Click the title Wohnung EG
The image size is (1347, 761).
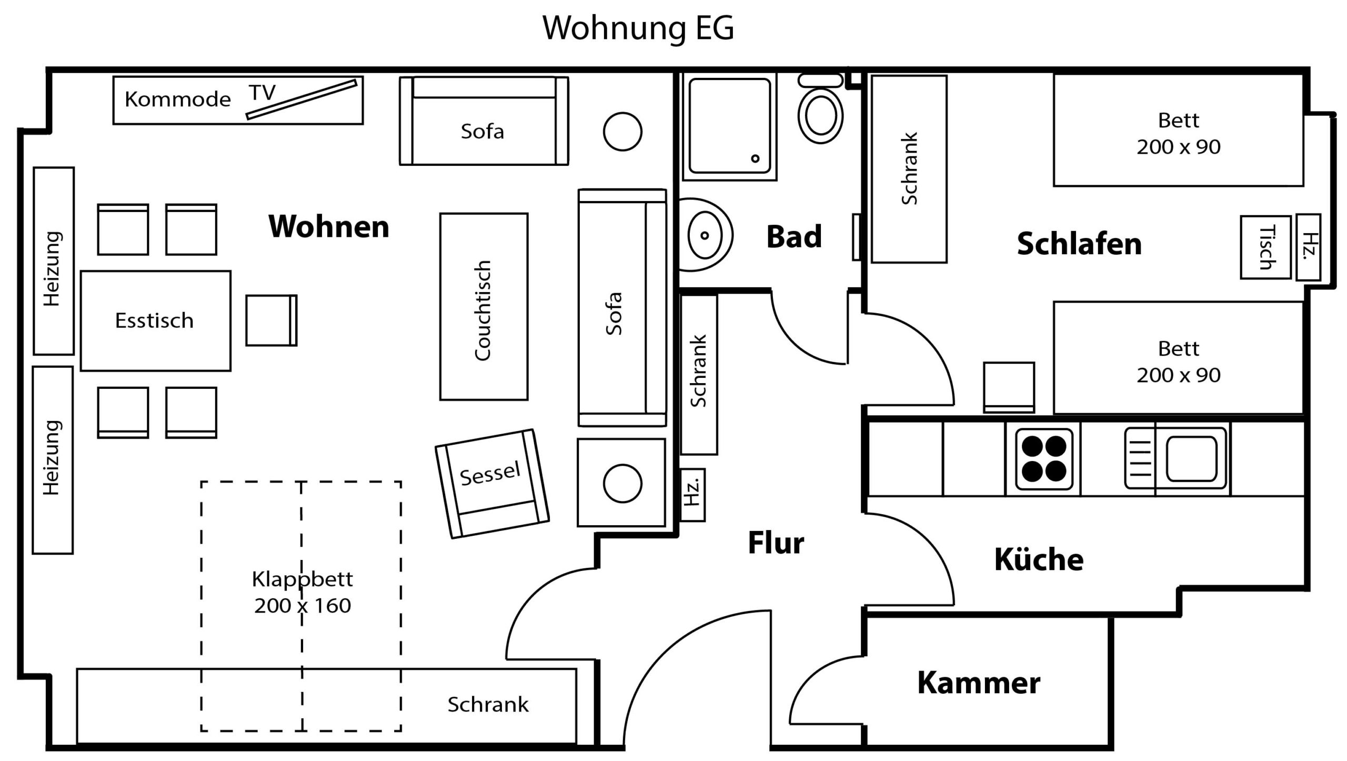click(638, 28)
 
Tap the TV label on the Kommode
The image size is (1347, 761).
click(262, 93)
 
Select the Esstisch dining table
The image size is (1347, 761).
click(155, 321)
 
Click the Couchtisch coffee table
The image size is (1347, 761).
click(484, 306)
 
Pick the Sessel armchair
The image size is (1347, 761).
click(492, 483)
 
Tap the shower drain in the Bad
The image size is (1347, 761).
click(755, 158)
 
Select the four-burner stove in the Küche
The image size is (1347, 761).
click(1044, 458)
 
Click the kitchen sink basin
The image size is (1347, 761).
click(1191, 458)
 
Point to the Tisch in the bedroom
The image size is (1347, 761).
click(1265, 247)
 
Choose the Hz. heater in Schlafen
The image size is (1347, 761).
click(1308, 247)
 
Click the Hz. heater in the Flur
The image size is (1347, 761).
click(692, 495)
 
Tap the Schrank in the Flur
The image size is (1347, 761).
click(699, 374)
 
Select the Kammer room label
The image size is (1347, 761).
click(979, 683)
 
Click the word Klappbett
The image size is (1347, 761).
click(302, 579)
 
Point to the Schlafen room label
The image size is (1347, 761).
click(1079, 244)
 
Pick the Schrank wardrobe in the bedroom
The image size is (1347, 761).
click(909, 169)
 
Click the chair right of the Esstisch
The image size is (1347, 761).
click(272, 320)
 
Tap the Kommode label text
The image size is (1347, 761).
click(178, 99)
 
